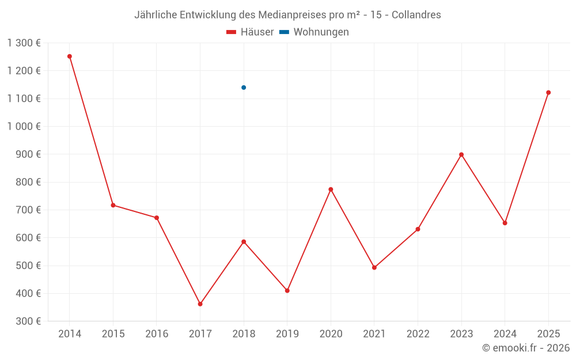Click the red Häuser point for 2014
coord(70,56)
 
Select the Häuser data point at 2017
coord(200,304)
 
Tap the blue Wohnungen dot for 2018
coord(244,88)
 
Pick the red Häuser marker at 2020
coord(331,190)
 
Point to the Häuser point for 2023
coord(461,154)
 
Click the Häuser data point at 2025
coord(548,93)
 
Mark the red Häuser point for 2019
coord(287,290)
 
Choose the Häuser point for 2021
coord(374,267)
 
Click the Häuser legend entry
coord(250,32)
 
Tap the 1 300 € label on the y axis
coord(24,43)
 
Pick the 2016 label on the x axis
coord(157,334)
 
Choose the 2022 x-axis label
coord(418,334)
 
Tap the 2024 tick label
coord(505,334)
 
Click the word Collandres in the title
coord(416,15)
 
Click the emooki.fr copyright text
coord(526,348)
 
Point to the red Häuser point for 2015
coord(113,205)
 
